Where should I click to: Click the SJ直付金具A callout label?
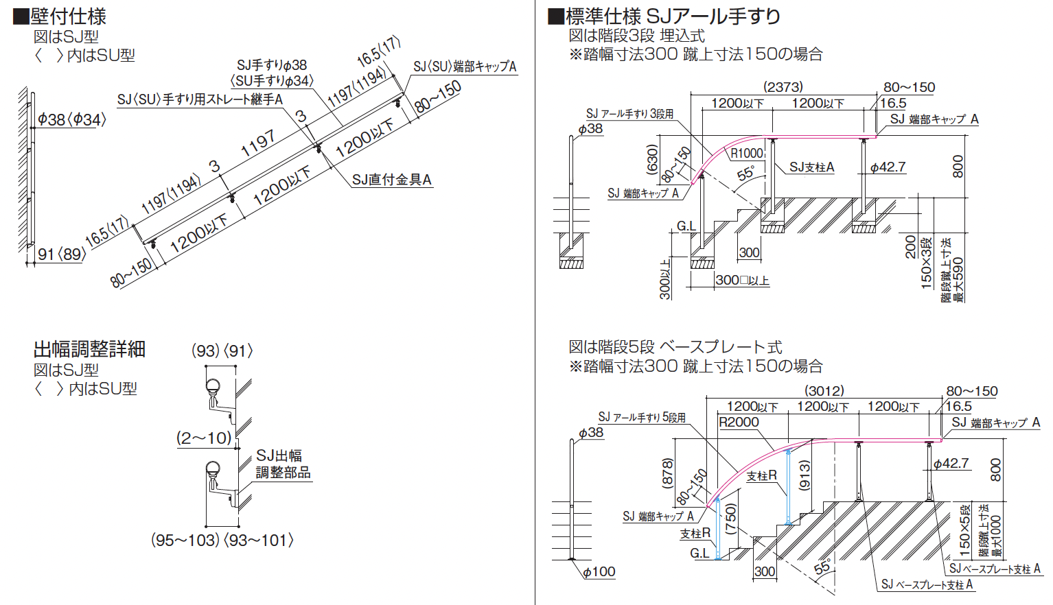click(x=391, y=180)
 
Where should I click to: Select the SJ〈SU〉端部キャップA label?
click(x=465, y=67)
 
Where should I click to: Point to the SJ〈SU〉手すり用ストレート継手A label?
click(x=200, y=99)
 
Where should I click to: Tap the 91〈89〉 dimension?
click(x=62, y=254)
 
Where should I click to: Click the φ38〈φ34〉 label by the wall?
click(x=71, y=119)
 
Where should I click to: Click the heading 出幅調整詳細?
click(x=89, y=349)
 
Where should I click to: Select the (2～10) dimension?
click(x=205, y=438)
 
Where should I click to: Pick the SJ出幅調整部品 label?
click(x=283, y=464)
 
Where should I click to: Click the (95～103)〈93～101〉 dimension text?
click(x=222, y=541)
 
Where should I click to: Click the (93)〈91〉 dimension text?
click(x=222, y=351)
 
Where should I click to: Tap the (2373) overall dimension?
click(x=783, y=87)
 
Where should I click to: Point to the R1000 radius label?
click(x=746, y=154)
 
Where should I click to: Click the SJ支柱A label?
click(x=811, y=167)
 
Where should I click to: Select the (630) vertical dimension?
click(x=652, y=159)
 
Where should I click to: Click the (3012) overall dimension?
click(x=824, y=391)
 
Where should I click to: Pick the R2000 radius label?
click(x=739, y=422)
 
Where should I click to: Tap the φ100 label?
click(x=599, y=571)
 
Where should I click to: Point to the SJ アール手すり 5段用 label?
click(x=642, y=417)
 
